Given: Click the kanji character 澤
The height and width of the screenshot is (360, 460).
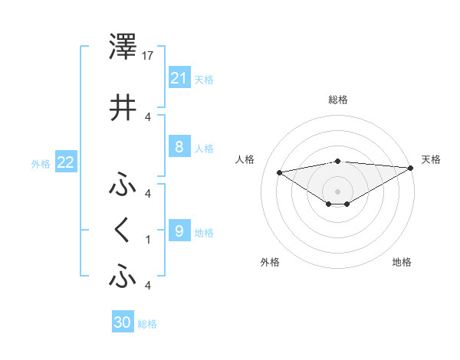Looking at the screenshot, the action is coord(123,47).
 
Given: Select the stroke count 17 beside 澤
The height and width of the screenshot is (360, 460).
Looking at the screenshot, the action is coord(149,55).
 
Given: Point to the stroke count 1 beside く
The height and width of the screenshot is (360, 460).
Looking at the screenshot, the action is coord(148,239).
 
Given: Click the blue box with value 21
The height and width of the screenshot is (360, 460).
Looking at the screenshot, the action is coord(179,78).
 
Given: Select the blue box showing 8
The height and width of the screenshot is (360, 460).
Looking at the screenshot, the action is coord(179,147).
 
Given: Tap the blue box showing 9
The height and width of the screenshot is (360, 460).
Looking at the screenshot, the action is coord(179,231).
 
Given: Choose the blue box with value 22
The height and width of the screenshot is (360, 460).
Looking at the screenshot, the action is coord(66,162).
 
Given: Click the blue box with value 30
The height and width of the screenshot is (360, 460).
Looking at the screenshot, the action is coord(123,322).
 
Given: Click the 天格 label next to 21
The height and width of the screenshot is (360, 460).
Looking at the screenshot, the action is coord(204,79).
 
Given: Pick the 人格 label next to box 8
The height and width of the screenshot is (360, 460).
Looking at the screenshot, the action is coord(204,148).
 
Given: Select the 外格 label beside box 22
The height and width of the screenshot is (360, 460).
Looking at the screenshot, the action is coord(41,163).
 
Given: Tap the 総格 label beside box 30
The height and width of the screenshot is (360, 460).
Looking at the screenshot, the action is coord(147,324).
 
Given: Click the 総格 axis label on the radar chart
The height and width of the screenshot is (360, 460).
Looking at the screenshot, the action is coord(337,100).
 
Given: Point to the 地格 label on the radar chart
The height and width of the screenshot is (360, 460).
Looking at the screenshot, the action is coord(402,262).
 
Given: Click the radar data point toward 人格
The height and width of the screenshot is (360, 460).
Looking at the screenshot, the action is coord(279,172).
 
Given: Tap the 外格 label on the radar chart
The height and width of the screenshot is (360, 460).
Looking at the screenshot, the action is coord(270,262).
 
